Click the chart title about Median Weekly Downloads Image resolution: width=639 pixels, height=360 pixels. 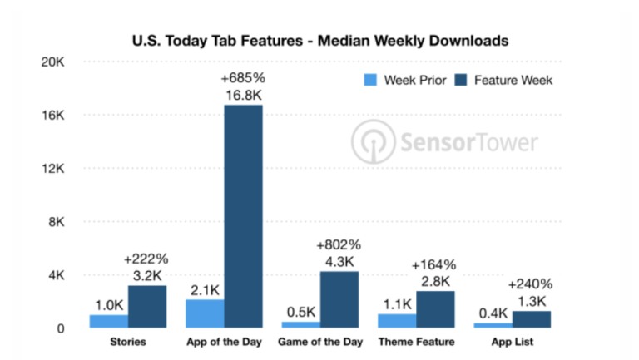pos(319,39)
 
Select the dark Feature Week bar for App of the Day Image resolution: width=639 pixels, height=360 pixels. pos(243,216)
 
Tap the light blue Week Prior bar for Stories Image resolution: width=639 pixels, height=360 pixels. pos(108,320)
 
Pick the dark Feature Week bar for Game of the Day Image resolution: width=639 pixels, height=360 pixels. pos(339,299)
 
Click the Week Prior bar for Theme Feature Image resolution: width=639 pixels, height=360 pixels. pos(396,320)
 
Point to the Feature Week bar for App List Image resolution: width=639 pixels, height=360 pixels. pos(531,318)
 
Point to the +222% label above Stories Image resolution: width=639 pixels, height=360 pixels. pos(146,258)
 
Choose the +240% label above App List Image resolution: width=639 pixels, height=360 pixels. pos(532,283)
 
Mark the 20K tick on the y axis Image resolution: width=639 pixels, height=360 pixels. pos(53,62)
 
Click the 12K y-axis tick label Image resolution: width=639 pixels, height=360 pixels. pos(53,169)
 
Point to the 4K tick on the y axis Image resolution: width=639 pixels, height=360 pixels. pos(55,275)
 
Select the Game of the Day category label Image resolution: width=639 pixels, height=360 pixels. pos(319,343)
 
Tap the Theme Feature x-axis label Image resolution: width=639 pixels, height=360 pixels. pos(415,343)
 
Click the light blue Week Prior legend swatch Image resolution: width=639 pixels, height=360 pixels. pos(371,81)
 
